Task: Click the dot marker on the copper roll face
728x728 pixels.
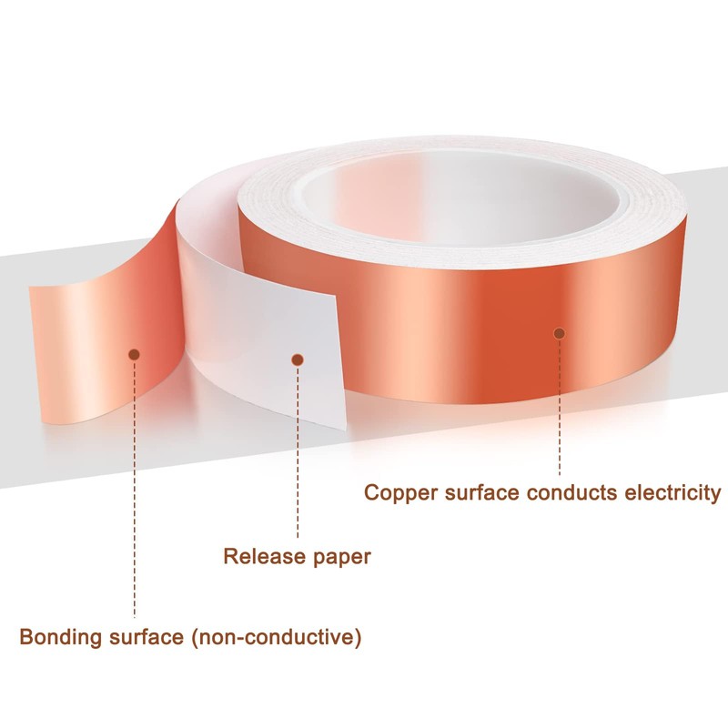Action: [559, 333]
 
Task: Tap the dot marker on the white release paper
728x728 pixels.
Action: [296, 360]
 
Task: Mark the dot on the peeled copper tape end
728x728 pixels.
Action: [134, 354]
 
